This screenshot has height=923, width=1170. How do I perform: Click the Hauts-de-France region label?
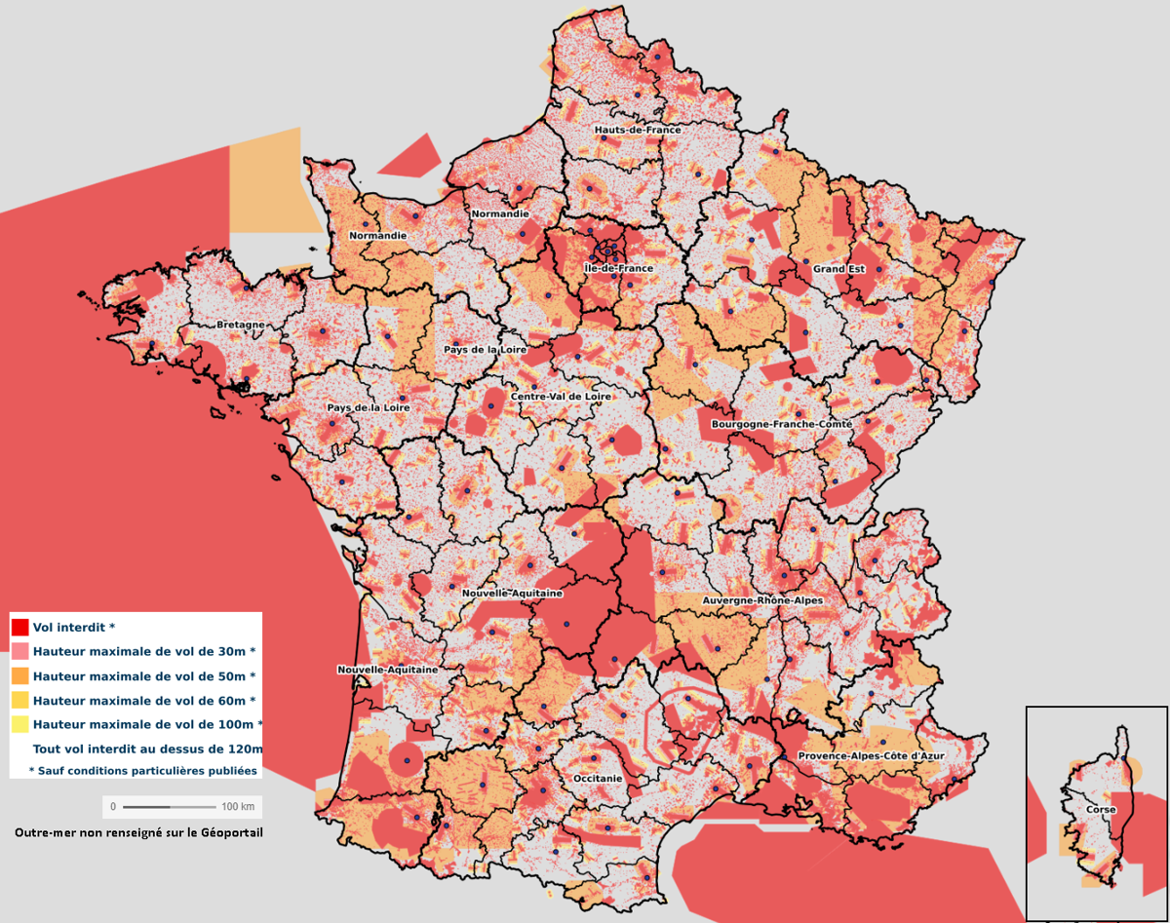(638, 130)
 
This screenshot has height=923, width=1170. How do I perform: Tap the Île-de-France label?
(618, 268)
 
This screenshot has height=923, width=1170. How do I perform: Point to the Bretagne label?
(240, 325)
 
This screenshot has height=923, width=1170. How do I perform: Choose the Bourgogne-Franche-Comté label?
(782, 425)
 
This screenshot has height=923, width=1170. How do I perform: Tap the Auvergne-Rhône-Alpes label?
(762, 601)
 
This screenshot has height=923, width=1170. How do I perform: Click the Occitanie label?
(598, 779)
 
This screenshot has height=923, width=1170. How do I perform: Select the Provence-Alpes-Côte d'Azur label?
(871, 756)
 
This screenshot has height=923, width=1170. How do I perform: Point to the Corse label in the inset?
(1101, 810)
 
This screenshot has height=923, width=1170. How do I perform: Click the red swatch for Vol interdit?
(19, 627)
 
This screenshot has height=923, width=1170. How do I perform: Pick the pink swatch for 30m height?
(19, 651)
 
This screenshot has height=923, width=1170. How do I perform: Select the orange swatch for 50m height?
(19, 675)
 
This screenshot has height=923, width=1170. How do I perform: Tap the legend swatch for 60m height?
(19, 700)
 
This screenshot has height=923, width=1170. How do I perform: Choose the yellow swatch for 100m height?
(19, 724)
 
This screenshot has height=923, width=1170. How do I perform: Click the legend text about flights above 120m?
(147, 749)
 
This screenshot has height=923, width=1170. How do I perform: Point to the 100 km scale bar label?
(238, 807)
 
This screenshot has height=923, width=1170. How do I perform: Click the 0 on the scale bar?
(113, 807)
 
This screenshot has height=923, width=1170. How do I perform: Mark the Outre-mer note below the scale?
(138, 832)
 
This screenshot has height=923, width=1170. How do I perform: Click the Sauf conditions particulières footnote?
(143, 770)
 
